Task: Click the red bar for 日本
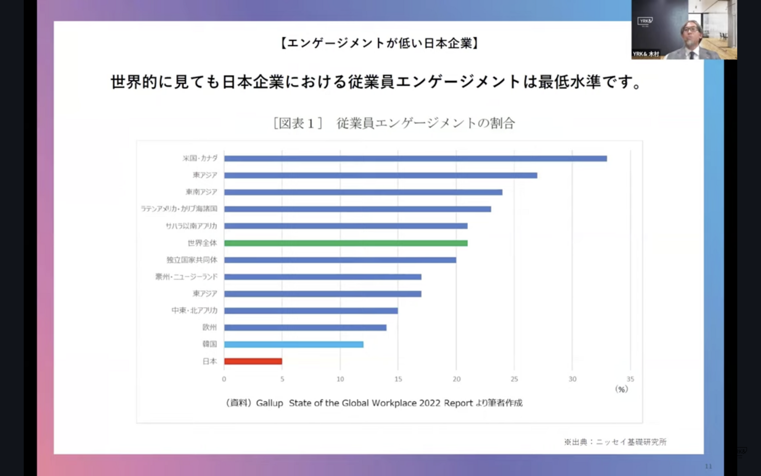253,361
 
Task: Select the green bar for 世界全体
345,243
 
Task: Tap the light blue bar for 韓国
294,345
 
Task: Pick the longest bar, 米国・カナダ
416,158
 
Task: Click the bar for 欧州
305,327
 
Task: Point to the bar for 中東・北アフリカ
311,311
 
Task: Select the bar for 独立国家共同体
340,260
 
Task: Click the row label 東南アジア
201,192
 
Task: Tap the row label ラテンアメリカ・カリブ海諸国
179,209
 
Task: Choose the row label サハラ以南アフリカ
191,226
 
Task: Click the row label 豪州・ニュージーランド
186,277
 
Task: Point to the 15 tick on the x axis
398,379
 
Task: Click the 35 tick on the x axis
630,379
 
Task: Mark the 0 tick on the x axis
224,379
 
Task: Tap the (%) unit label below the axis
621,389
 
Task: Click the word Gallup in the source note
269,403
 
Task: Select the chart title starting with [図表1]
394,123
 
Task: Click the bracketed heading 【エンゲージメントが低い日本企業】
379,43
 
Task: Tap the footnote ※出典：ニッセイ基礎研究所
615,442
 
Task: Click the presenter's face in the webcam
691,31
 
